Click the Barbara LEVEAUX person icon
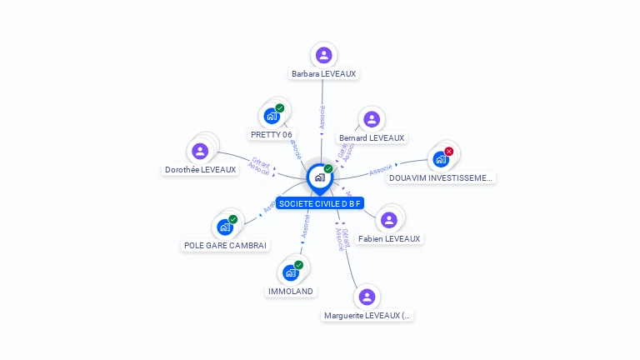(x=323, y=55)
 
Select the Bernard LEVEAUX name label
(x=372, y=137)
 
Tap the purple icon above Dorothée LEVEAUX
(x=200, y=151)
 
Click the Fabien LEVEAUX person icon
(x=388, y=220)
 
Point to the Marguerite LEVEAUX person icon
(x=366, y=297)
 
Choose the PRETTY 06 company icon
(x=271, y=117)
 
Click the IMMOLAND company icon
(x=290, y=272)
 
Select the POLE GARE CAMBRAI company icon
(x=224, y=227)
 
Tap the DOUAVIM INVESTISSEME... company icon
(x=440, y=159)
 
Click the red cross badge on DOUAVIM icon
(x=449, y=152)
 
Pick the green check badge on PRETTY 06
(x=280, y=108)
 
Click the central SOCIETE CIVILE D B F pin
(x=320, y=177)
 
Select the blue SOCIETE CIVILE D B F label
(x=320, y=203)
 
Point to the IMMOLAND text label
(x=290, y=291)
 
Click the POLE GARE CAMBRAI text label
(x=225, y=245)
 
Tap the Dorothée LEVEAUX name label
(x=201, y=169)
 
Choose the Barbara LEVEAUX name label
(x=323, y=73)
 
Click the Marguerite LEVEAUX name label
(x=367, y=315)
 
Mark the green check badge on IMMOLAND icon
(x=298, y=265)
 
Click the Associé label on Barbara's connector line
(x=322, y=117)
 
